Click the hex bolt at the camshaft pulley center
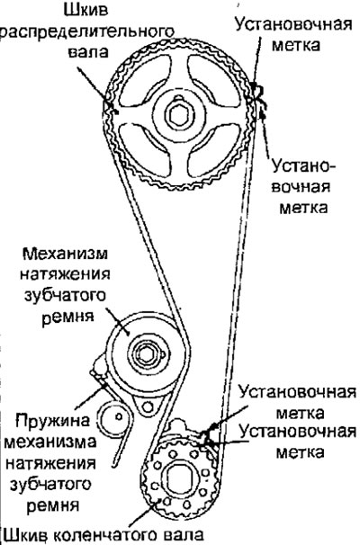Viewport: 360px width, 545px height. pyautogui.click(x=179, y=115)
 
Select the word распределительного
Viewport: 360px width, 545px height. pyautogui.click(x=87, y=31)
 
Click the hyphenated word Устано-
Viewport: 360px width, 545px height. pyautogui.click(x=303, y=166)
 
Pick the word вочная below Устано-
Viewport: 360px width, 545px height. pyautogui.click(x=301, y=187)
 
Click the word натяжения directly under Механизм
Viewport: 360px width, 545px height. pyautogui.click(x=65, y=274)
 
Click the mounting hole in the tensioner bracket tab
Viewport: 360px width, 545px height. pyautogui.click(x=148, y=407)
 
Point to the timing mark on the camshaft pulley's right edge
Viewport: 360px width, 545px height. pyautogui.click(x=257, y=92)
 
